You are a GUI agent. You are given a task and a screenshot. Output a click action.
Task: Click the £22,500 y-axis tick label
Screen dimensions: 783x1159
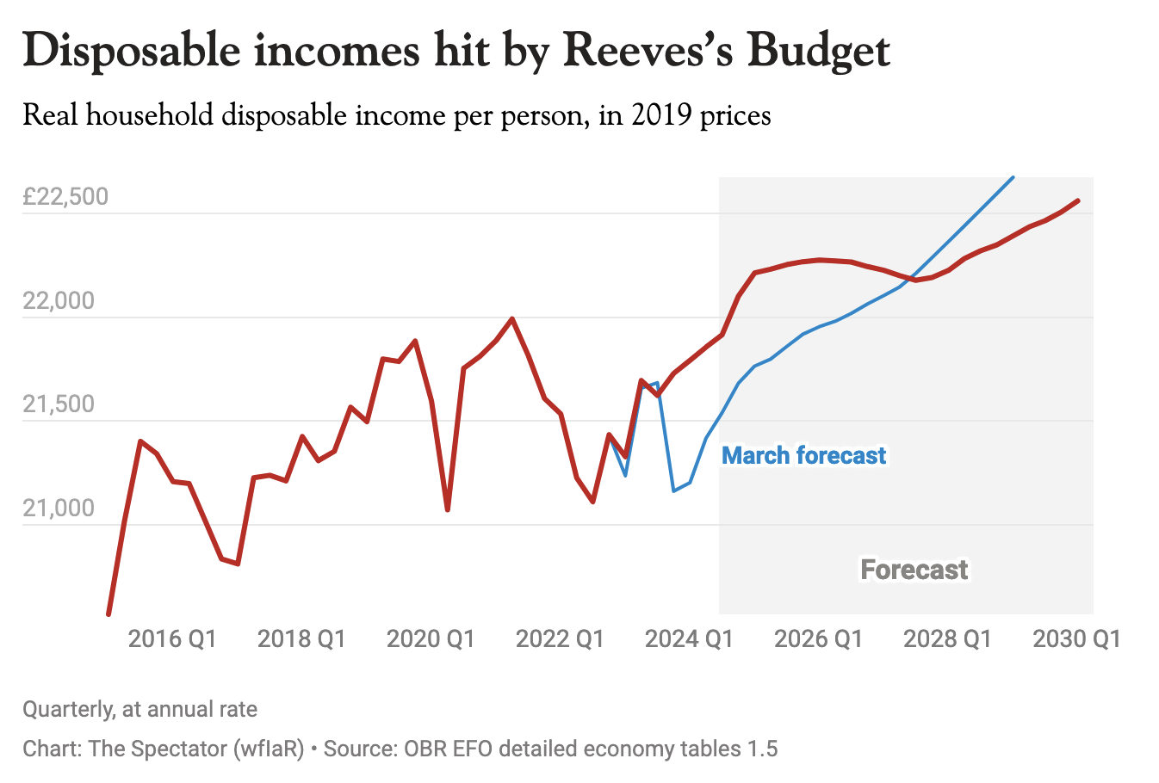pos(65,196)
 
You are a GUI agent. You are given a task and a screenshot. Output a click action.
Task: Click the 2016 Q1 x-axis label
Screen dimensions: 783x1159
pos(172,638)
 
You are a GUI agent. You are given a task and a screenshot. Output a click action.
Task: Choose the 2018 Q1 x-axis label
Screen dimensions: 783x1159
pos(301,638)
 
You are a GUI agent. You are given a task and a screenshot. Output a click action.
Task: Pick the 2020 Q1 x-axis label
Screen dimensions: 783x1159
pos(431,638)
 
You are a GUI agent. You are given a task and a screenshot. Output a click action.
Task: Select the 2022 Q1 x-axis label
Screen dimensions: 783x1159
pos(560,638)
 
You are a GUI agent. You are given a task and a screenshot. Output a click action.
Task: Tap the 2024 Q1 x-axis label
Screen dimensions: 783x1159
pos(689,638)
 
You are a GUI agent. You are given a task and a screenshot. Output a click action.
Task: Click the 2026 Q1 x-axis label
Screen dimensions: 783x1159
pos(818,638)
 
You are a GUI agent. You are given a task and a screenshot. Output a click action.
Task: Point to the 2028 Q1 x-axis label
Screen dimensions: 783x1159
pos(947,638)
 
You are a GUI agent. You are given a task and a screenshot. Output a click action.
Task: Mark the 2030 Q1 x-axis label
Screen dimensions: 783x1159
pos(1076,638)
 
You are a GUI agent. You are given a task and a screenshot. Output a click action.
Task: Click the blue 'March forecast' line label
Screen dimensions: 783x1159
pos(803,455)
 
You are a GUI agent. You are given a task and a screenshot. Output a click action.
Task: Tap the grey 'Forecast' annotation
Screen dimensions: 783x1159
pos(914,570)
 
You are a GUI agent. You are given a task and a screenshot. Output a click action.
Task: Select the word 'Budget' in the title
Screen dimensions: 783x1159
pos(818,52)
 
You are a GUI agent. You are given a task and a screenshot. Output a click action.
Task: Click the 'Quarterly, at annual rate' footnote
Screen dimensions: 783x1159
pos(139,709)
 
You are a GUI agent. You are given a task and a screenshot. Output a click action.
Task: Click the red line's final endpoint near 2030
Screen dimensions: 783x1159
pos(1078,200)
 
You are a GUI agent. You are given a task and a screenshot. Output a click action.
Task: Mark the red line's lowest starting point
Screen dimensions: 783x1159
pos(108,614)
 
